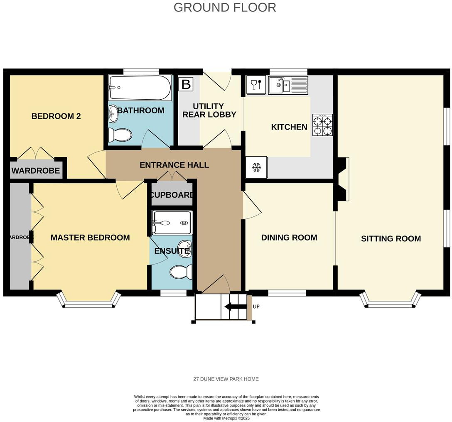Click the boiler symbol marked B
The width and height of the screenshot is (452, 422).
tap(186, 84)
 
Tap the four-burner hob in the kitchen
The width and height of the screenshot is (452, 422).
tap(322, 125)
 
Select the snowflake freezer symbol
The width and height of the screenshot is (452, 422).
tap(256, 167)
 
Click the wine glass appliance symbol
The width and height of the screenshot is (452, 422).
tap(255, 85)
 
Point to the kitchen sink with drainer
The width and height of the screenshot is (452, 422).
tap(288, 85)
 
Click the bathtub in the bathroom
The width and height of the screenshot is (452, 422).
tap(140, 88)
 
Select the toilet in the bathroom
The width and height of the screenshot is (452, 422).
tap(120, 135)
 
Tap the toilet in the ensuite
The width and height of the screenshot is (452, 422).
tap(181, 272)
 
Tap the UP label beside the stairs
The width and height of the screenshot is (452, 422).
tap(256, 307)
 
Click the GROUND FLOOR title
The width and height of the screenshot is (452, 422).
tap(225, 7)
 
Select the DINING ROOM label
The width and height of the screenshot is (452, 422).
tap(289, 238)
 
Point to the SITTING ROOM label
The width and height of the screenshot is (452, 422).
tap(391, 238)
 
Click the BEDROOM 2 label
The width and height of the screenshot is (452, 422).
tap(56, 116)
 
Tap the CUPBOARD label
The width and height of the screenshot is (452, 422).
tap(172, 195)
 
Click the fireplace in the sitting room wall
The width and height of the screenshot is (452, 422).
tap(343, 179)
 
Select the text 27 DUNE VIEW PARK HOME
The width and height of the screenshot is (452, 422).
tap(226, 379)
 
